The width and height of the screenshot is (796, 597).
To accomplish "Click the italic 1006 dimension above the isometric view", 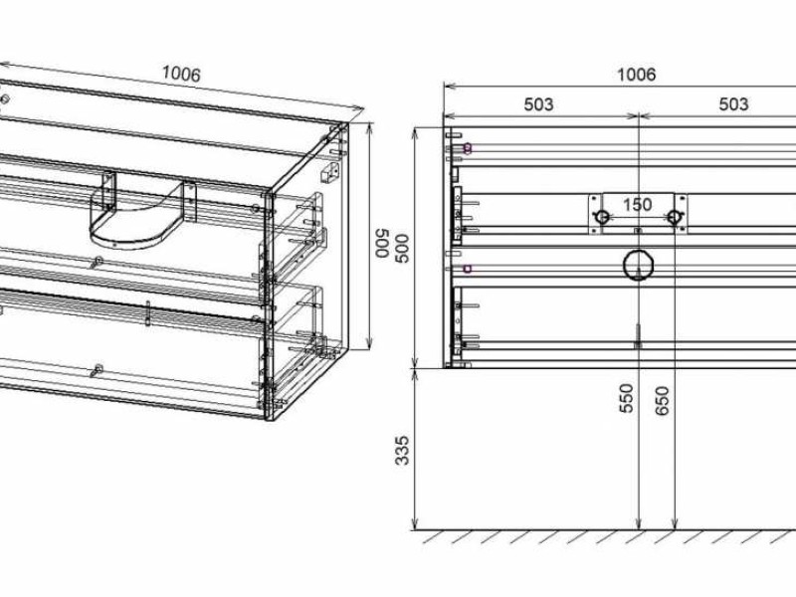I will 181,74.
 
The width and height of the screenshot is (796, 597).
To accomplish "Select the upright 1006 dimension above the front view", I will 637,74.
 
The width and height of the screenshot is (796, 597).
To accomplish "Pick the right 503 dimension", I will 733,103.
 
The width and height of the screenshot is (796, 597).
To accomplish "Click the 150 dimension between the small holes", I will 637,205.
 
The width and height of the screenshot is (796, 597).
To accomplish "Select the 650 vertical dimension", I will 665,398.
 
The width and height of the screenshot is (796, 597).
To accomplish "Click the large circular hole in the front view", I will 637,265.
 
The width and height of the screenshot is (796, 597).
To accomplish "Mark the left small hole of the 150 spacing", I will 601,217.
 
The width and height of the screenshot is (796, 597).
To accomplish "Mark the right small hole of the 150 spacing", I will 674,217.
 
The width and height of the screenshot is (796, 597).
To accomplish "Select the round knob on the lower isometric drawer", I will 97,371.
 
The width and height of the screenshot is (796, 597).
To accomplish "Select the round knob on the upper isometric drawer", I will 97,262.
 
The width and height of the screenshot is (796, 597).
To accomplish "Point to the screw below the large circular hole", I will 637,336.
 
